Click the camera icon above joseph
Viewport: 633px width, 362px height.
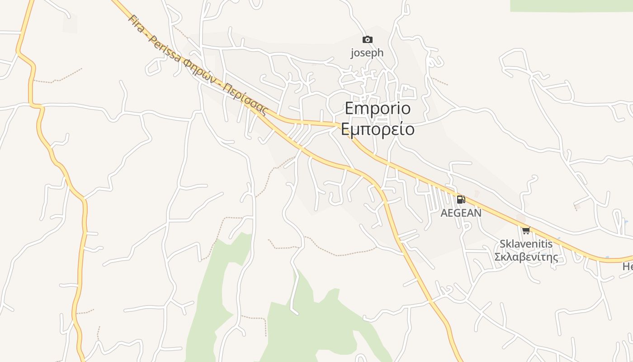(368, 40)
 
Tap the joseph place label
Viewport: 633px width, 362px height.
(367, 53)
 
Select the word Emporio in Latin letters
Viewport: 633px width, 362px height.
(378, 109)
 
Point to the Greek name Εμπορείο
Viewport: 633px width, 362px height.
(378, 129)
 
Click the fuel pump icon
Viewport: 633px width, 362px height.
(461, 199)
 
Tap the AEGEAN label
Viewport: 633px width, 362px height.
(461, 213)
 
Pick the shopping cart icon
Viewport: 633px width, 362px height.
(526, 231)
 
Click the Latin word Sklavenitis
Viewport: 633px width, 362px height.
(526, 244)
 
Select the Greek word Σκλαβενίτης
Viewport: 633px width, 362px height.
(526, 257)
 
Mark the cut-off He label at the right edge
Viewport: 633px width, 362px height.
(628, 267)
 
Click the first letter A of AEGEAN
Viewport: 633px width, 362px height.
(444, 213)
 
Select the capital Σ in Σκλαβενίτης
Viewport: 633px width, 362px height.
(498, 257)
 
